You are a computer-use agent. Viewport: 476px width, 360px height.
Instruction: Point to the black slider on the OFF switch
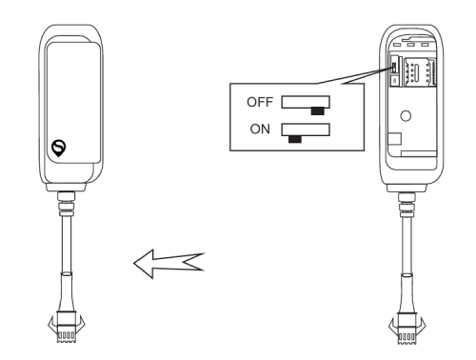click(x=317, y=109)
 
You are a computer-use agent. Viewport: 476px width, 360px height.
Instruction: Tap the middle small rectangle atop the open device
click(x=411, y=43)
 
